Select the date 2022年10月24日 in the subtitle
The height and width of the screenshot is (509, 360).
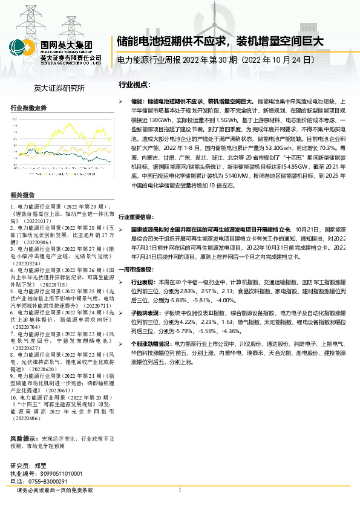click(x=280, y=60)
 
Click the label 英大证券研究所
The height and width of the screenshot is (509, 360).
click(x=59, y=88)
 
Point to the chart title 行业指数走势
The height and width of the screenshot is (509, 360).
click(x=29, y=108)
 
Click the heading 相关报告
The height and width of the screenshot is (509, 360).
click(x=23, y=195)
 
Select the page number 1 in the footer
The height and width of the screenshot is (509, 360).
click(x=180, y=491)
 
